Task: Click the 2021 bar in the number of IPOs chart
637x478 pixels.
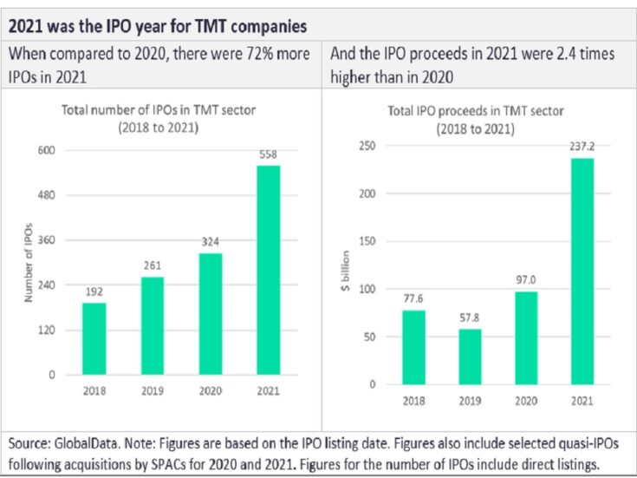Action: click(269, 270)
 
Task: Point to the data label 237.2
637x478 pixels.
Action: click(582, 147)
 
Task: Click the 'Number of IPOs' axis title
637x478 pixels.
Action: click(28, 263)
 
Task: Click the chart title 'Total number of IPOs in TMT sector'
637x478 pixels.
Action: click(159, 109)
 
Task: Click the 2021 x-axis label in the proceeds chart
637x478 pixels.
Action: click(582, 400)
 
